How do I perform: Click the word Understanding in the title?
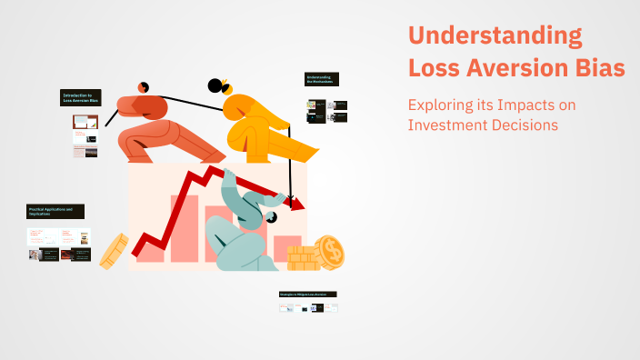pos(495,37)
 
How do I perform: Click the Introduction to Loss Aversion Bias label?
pos(81,97)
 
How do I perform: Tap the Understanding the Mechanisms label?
pos(320,80)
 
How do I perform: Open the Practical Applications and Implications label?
pos(55,211)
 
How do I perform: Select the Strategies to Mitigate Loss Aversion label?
pos(308,295)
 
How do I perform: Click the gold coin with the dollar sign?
pos(329,250)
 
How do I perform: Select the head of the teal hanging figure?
pos(271,219)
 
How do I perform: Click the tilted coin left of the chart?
pos(114,252)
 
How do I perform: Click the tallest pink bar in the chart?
pos(180,226)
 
